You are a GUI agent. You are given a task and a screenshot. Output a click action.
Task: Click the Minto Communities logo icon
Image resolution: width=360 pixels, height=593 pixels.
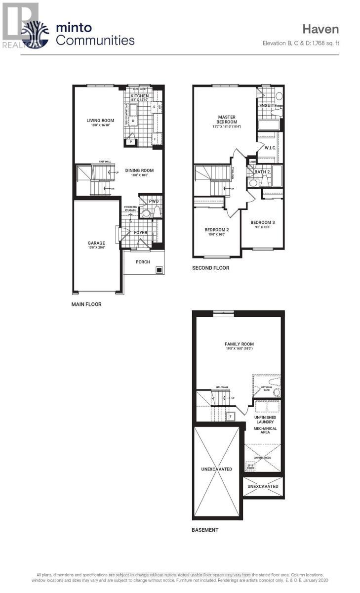37,34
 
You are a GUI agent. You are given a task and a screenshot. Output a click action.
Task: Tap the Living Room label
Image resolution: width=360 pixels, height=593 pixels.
100,120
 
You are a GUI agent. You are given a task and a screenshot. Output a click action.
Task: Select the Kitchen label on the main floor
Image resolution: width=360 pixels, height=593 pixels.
139,96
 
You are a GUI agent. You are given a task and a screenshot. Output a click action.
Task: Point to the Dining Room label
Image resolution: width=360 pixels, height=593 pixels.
139,170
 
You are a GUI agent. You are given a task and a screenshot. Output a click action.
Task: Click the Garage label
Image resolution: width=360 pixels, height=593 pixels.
96,243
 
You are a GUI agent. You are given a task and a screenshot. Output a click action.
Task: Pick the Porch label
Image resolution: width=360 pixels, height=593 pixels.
143,262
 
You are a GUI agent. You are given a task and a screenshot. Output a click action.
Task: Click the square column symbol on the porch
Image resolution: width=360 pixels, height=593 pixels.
159,270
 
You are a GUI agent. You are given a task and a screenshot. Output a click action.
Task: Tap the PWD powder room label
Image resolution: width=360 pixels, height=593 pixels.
154,202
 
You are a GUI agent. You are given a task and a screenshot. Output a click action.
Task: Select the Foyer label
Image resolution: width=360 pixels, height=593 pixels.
141,233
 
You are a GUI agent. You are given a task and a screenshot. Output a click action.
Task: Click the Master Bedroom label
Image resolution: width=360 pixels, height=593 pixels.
227,120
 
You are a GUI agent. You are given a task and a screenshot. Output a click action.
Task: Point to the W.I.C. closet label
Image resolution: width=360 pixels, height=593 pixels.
270,148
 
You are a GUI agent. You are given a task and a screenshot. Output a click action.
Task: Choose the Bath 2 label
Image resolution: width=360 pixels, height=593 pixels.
262,172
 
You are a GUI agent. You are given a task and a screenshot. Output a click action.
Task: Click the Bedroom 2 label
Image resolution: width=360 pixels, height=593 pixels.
217,230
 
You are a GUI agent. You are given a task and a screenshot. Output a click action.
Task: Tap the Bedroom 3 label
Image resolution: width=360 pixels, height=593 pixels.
263,222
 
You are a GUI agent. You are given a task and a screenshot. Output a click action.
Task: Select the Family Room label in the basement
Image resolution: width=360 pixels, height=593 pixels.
239,344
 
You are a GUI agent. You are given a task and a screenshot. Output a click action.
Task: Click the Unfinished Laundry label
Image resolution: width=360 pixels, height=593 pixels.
265,420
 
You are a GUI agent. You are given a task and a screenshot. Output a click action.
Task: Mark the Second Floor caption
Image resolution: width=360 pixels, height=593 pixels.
210,268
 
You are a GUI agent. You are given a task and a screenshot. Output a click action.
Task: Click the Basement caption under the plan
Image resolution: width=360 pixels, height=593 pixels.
205,530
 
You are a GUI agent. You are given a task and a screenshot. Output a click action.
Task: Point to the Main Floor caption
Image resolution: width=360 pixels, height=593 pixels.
86,304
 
